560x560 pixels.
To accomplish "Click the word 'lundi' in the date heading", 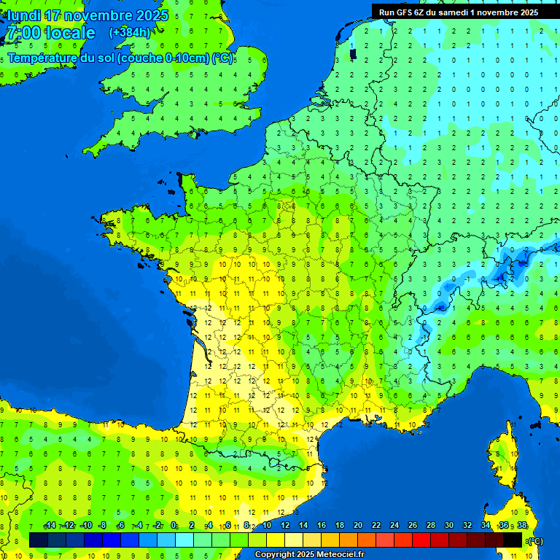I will [x=24, y=15].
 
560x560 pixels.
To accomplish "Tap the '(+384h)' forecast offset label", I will [x=130, y=32].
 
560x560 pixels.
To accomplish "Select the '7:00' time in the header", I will [x=23, y=33].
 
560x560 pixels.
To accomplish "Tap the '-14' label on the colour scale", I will [x=50, y=526].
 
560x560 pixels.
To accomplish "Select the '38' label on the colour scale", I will [x=522, y=526].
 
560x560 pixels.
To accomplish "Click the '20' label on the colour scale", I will [x=357, y=526].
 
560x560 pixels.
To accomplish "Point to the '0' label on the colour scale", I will [x=174, y=526].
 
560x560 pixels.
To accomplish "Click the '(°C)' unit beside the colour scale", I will [x=534, y=540].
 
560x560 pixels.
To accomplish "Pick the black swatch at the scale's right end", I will [x=513, y=540].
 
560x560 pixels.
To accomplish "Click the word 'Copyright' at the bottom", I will [x=275, y=554].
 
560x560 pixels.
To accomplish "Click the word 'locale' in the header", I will [x=70, y=33].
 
